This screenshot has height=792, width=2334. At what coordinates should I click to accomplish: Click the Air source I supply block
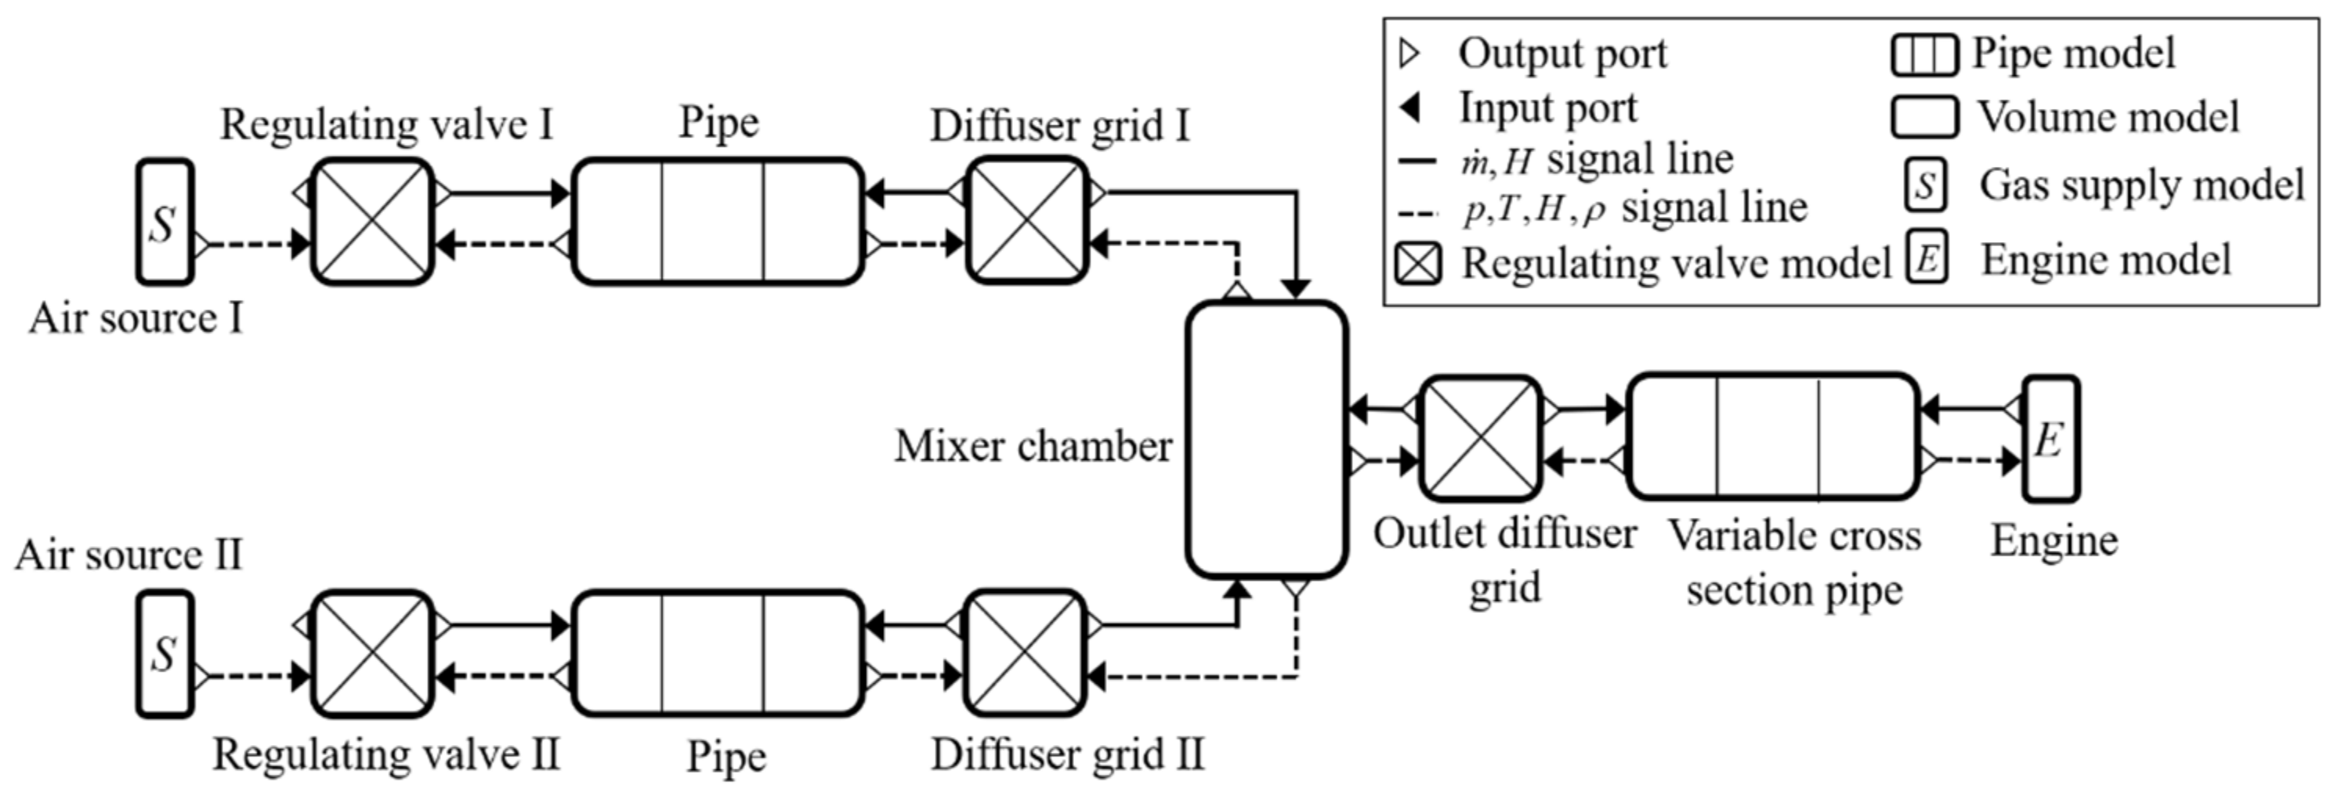[165, 222]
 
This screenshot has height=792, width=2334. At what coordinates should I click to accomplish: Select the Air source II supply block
[165, 653]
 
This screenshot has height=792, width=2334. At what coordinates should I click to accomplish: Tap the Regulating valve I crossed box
[372, 221]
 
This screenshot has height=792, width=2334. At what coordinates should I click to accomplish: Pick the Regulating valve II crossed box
[372, 653]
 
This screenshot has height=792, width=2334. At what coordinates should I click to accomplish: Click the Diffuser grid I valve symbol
[1026, 220]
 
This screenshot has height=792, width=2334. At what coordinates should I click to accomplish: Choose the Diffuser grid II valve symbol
[1026, 653]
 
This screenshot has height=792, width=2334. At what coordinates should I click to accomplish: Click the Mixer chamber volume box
[1267, 439]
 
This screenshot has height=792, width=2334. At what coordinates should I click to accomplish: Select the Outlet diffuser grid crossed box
[1479, 439]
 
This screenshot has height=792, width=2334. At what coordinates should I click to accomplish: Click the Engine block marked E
[2051, 439]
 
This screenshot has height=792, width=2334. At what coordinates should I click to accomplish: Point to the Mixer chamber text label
[1033, 446]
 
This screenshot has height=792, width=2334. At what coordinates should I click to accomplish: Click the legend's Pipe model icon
[1924, 54]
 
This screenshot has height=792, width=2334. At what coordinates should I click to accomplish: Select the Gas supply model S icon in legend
[1925, 186]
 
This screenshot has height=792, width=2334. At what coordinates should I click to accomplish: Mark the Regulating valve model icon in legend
[1418, 265]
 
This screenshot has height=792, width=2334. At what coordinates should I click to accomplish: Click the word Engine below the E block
[2054, 541]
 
